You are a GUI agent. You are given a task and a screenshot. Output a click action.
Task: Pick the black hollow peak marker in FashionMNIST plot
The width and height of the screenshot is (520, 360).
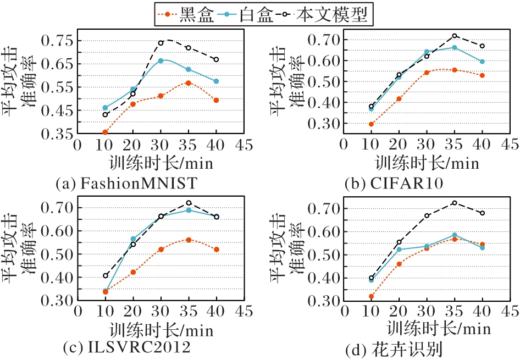[x=161, y=42]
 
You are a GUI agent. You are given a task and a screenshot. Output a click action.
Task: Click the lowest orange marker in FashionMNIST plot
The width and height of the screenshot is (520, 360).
[x=105, y=132]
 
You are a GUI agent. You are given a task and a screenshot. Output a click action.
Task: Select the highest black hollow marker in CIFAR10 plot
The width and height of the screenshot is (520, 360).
[x=455, y=36]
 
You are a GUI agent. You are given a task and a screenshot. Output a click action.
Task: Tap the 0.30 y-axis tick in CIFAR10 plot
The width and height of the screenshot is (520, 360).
[x=325, y=124]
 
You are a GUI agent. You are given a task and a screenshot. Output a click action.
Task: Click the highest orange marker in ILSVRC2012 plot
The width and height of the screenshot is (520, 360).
[x=189, y=240]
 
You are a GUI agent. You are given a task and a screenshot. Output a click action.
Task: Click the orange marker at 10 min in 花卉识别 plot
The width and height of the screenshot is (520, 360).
[x=372, y=296]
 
